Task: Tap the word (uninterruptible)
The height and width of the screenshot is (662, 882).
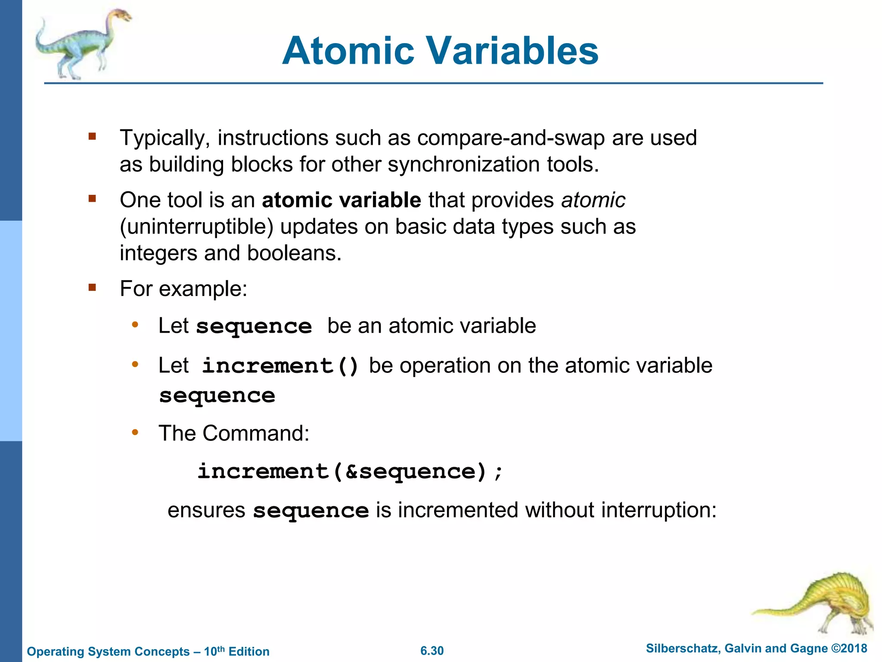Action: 196,227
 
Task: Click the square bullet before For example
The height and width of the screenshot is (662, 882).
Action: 92,287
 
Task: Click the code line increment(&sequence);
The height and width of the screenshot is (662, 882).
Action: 349,472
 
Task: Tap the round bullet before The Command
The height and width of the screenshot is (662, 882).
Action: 135,432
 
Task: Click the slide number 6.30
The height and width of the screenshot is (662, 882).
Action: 432,651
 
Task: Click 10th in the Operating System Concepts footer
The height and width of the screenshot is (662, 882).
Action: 214,651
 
